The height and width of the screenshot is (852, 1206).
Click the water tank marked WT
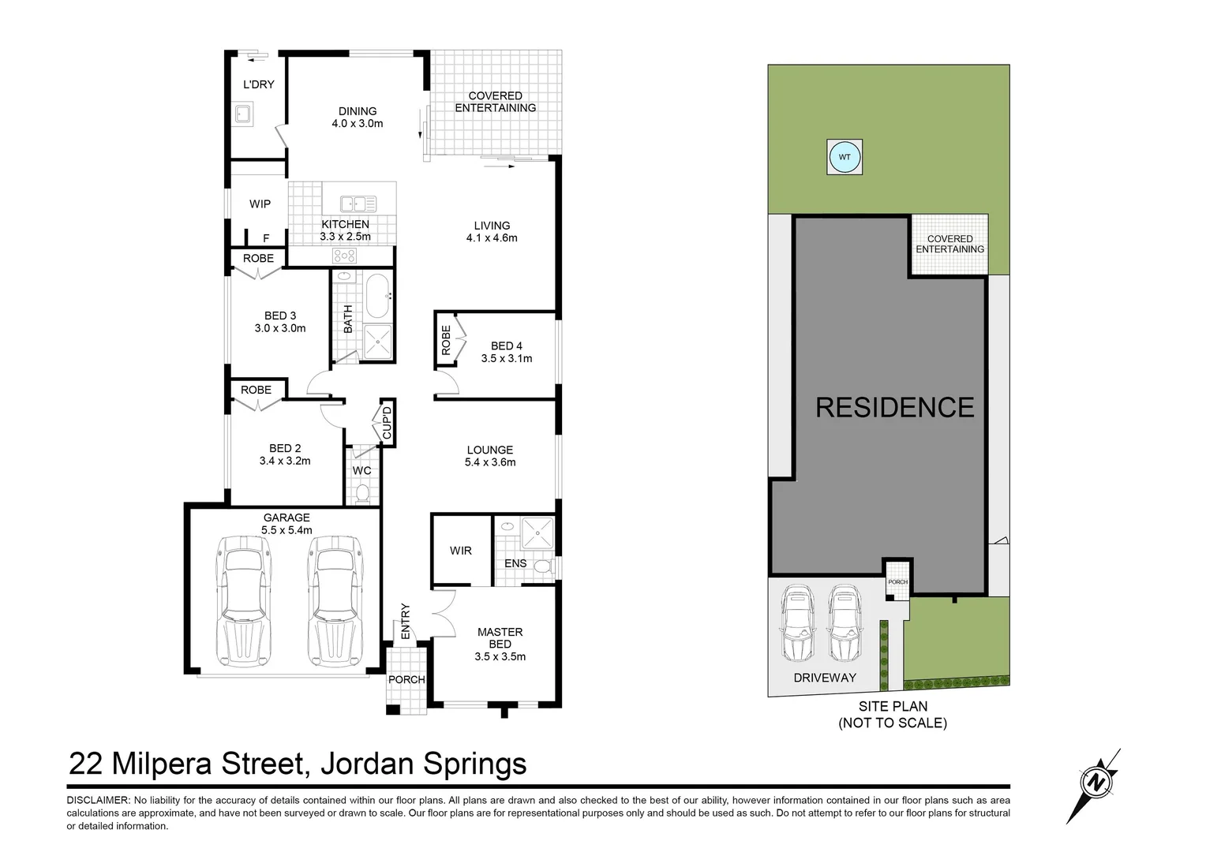845,157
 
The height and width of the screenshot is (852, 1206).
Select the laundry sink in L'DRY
242,114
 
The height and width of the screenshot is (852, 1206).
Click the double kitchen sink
358,204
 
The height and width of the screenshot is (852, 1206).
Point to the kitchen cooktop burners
344,255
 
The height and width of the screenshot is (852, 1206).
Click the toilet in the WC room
362,493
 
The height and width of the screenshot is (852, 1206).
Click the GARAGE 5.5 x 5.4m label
287,524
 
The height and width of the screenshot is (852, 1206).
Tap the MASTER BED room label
500,644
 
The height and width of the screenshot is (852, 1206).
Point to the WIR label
461,551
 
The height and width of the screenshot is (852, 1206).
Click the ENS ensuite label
515,563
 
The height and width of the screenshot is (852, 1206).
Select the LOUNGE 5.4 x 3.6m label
490,456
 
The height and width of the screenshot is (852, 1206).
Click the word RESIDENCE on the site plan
894,407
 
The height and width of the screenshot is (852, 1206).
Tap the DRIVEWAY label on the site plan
825,678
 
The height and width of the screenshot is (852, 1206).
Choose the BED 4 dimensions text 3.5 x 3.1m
507,358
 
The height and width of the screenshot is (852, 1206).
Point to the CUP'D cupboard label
387,424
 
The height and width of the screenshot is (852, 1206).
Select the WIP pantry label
260,204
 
